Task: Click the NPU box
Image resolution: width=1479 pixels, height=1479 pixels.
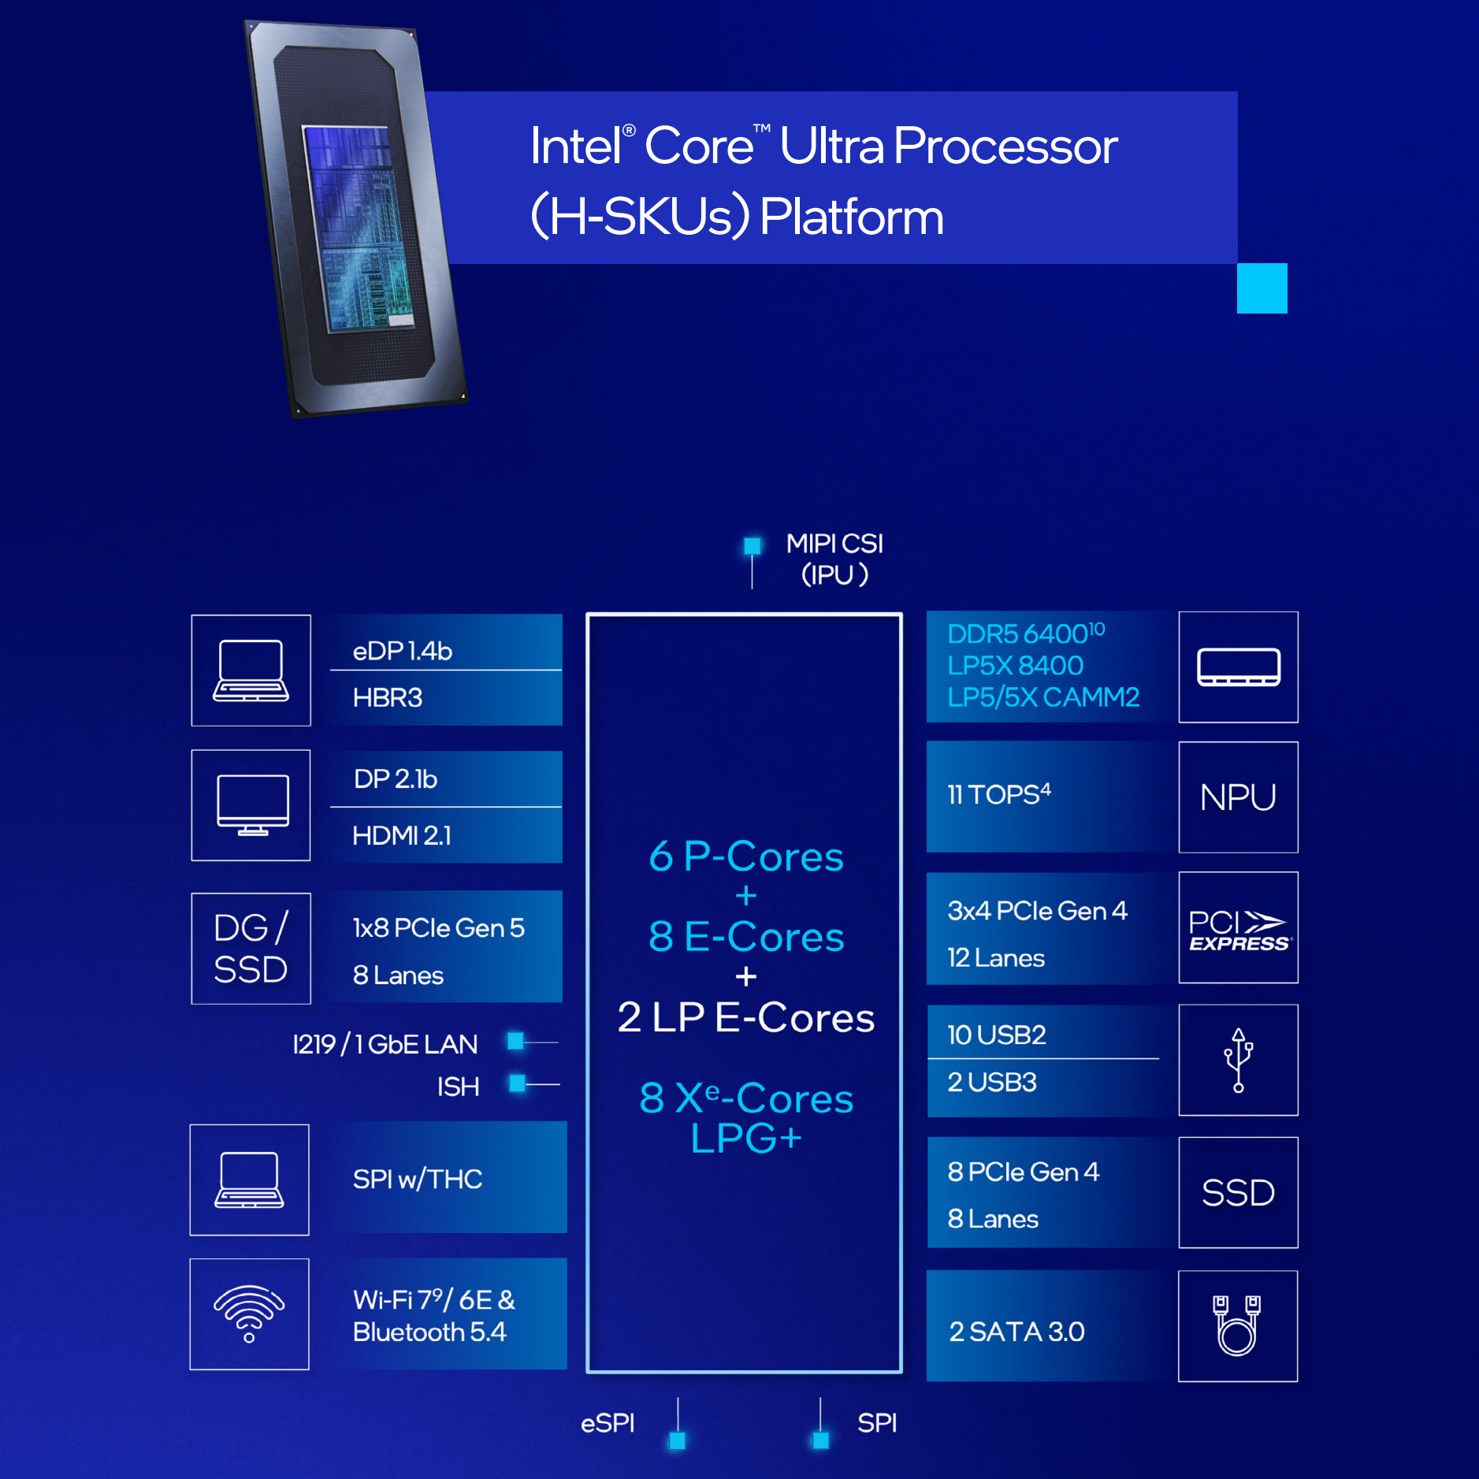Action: tap(1237, 797)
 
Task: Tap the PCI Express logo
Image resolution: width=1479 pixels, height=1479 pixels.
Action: tap(1237, 931)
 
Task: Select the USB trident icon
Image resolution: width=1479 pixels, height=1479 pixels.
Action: tap(1238, 1060)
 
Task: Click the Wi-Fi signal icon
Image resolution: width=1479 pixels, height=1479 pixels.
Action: tap(249, 1313)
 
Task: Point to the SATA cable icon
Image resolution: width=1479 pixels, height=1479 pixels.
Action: tap(1237, 1325)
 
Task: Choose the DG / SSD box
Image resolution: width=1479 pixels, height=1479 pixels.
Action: tap(251, 948)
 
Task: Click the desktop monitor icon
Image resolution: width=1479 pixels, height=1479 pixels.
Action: tap(252, 805)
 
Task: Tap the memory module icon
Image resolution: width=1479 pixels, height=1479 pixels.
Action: tap(1238, 667)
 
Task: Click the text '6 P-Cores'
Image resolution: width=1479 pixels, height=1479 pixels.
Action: tap(745, 857)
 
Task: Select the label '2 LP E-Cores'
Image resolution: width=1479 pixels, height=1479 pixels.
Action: tap(745, 1017)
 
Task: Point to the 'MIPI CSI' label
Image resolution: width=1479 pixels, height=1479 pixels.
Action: tap(834, 544)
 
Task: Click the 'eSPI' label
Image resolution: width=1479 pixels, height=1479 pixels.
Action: tap(608, 1423)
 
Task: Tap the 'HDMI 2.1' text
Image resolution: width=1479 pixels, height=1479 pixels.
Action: tap(402, 835)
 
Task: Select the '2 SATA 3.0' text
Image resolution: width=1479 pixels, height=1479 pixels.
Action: tap(1016, 1332)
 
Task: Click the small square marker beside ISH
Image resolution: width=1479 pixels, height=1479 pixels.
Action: tap(517, 1083)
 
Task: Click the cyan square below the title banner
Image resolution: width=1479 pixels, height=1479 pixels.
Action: tap(1262, 288)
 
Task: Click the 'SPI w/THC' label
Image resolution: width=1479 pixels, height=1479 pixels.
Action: tap(418, 1179)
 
